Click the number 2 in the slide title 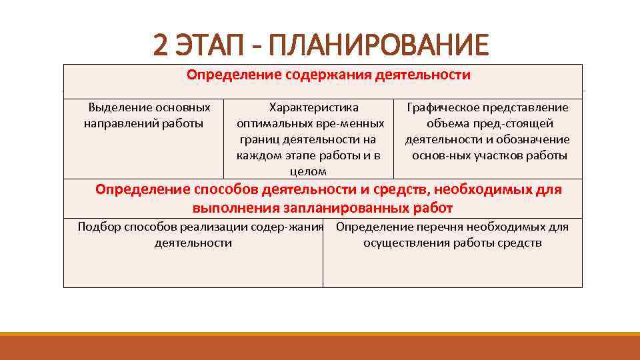tap(160, 45)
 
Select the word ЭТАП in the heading tap(207, 45)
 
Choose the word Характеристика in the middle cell tap(313, 107)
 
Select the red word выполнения tap(227, 208)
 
